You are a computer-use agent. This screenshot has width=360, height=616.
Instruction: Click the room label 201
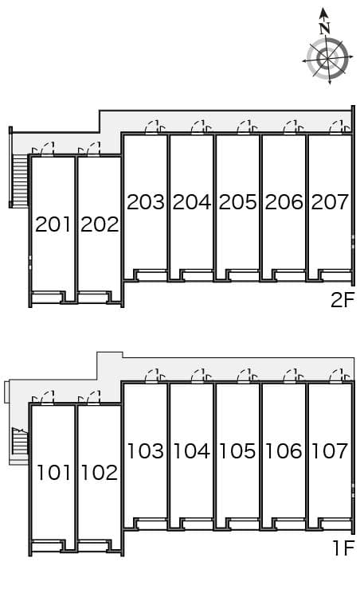click(x=53, y=224)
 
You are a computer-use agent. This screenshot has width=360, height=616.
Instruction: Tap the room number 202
click(x=100, y=224)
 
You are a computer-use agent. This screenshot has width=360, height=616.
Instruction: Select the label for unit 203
click(x=145, y=202)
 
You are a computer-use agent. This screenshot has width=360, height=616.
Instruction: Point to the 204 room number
click(x=191, y=202)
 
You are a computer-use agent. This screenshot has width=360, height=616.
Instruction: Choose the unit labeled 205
click(x=237, y=202)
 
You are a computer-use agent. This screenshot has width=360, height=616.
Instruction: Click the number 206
click(x=284, y=202)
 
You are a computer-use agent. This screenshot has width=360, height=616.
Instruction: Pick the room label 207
click(x=330, y=202)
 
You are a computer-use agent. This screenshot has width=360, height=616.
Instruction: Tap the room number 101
click(x=53, y=473)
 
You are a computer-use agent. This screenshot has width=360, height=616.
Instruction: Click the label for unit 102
click(x=100, y=473)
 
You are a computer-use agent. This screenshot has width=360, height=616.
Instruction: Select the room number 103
click(x=145, y=451)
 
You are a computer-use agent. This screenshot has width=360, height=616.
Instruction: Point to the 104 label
click(x=191, y=451)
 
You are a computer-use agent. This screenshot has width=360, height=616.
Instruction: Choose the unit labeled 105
click(x=237, y=451)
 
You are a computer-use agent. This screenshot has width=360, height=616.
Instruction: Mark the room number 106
click(x=284, y=451)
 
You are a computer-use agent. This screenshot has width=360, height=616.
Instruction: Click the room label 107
click(x=330, y=451)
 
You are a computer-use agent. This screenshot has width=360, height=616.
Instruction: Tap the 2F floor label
click(x=342, y=300)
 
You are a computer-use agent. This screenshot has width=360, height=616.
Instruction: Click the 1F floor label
click(x=344, y=548)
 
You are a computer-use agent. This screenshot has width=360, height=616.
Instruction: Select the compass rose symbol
click(x=327, y=57)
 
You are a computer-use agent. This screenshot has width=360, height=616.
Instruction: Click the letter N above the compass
click(x=324, y=28)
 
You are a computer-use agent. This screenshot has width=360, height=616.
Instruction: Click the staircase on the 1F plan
click(x=20, y=441)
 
